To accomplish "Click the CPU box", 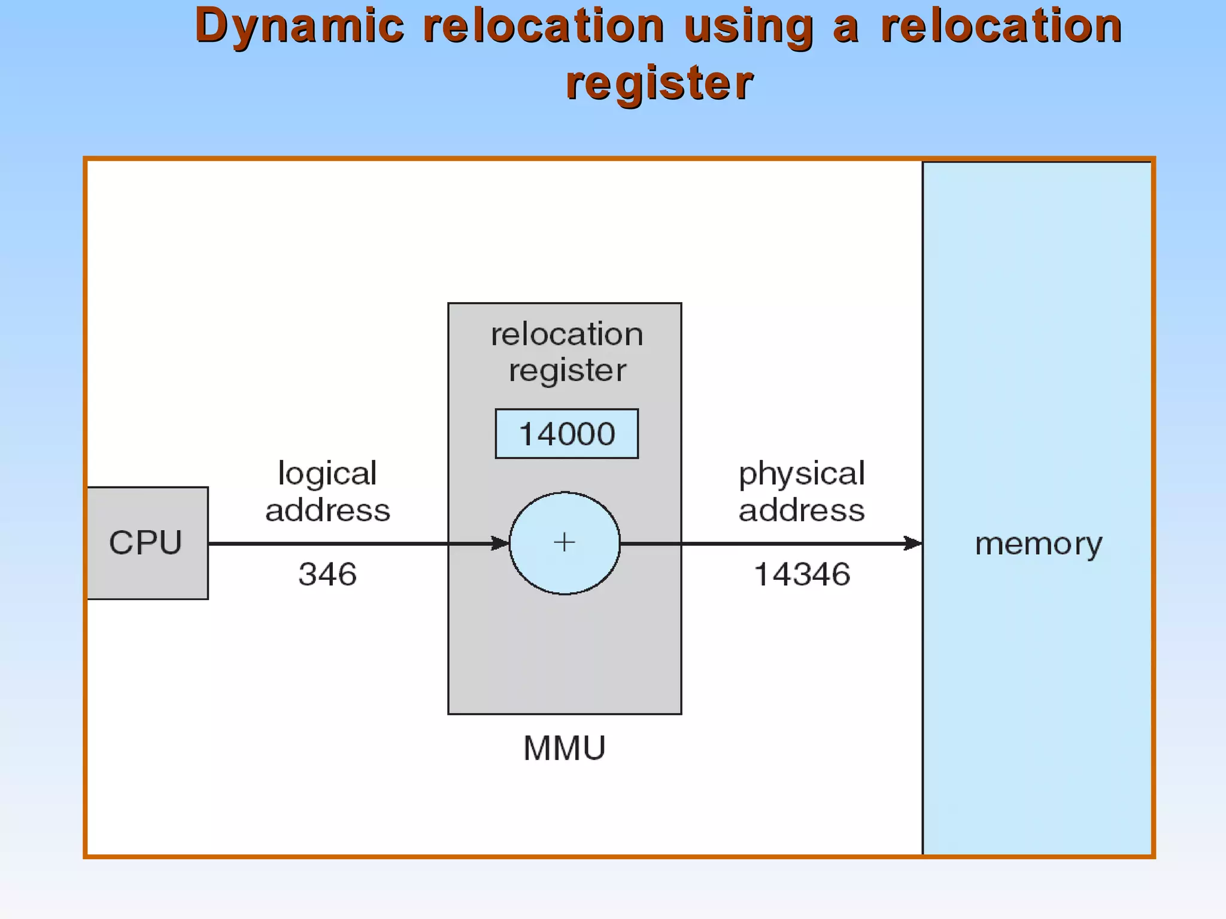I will point(146,543).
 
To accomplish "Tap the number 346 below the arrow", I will point(327,574).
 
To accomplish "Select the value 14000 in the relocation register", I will point(567,434).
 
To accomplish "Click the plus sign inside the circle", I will point(564,543).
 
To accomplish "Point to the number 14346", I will point(802,574).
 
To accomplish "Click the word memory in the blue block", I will point(1038,544).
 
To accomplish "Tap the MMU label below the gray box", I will point(564,748).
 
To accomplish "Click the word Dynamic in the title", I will point(299,27).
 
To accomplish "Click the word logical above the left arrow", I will point(327,474).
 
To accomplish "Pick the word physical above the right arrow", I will point(802,474).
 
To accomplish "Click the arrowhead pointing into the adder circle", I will point(500,543).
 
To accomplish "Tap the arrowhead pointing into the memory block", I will point(913,543).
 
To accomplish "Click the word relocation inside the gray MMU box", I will point(567,334).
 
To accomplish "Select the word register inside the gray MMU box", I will point(567,370).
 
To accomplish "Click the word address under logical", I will point(327,510).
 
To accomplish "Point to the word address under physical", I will point(802,510).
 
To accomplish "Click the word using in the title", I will point(748,27).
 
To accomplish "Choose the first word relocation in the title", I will point(544,27).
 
